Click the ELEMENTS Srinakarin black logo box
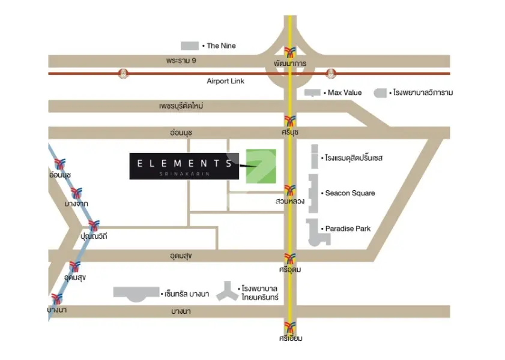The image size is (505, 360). point(184,166)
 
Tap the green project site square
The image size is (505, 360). point(261,166)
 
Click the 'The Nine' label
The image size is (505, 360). point(221,46)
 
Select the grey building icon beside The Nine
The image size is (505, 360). point(190,46)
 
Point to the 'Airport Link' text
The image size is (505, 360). point(225,81)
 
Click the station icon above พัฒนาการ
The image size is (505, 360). point(290,52)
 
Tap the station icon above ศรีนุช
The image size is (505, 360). point(290,121)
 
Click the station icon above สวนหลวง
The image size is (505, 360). point(290,190)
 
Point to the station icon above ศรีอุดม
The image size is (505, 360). point(290,259)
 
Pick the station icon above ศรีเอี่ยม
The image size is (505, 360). point(290,328)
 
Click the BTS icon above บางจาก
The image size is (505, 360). point(76,193)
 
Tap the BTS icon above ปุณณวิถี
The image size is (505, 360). point(94,225)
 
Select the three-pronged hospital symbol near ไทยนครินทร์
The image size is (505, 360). point(228,292)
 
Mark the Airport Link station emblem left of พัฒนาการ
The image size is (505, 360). point(123,74)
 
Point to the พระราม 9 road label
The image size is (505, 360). point(181,61)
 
